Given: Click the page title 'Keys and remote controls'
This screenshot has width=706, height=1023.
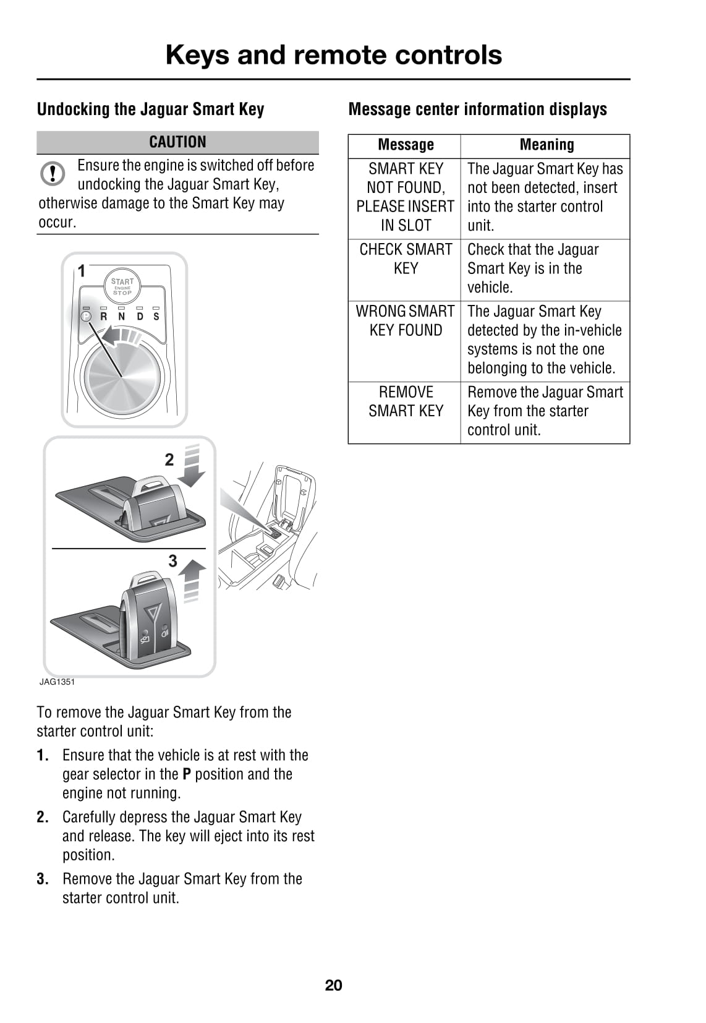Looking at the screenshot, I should (333, 55).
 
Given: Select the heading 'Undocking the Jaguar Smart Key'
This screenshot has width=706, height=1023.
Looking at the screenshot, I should (150, 109).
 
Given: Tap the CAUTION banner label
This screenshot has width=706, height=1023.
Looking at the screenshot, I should (177, 142).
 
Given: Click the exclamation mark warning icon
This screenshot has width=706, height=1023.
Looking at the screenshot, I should (53, 174).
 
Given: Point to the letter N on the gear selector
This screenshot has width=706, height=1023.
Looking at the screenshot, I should (122, 317).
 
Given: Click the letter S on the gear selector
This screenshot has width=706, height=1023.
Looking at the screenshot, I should (156, 317).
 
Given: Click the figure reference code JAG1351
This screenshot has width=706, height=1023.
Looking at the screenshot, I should (57, 682).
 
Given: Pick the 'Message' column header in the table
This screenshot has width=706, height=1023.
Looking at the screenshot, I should (406, 145).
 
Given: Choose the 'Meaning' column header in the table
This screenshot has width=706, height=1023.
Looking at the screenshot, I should (547, 145).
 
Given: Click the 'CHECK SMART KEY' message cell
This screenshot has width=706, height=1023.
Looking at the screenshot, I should (406, 259).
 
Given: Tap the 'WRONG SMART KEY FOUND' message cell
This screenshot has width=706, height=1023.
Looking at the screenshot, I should (406, 321).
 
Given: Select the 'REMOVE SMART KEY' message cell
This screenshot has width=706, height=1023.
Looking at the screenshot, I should (406, 401).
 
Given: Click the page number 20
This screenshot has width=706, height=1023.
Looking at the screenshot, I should (333, 985).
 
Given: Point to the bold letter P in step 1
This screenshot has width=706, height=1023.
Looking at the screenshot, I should (187, 774).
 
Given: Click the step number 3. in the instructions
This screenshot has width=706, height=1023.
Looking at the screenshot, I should (43, 879).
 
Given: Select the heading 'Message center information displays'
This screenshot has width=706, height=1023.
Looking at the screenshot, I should (477, 109).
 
